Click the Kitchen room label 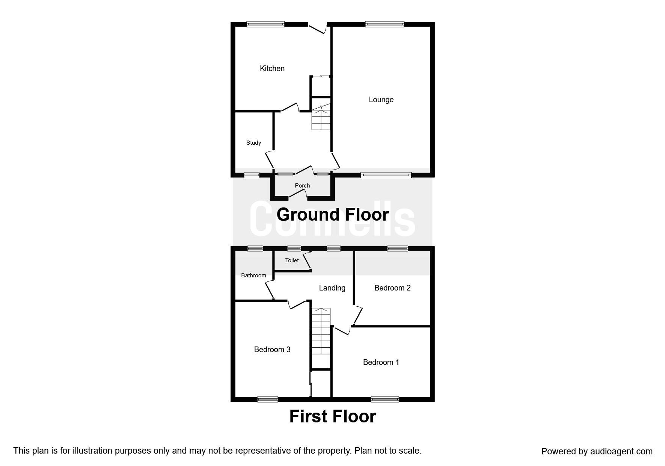pyautogui.click(x=272, y=68)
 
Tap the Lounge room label pyautogui.click(x=381, y=100)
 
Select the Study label pyautogui.click(x=253, y=143)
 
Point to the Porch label pyautogui.click(x=302, y=186)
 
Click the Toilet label pyautogui.click(x=292, y=260)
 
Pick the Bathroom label pyautogui.click(x=253, y=275)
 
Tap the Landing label pyautogui.click(x=332, y=288)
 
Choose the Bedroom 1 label pyautogui.click(x=381, y=362)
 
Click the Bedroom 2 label pyautogui.click(x=392, y=288)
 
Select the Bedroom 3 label pyautogui.click(x=272, y=349)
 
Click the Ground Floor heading pyautogui.click(x=333, y=215)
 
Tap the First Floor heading pyautogui.click(x=333, y=416)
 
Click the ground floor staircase pyautogui.click(x=321, y=116)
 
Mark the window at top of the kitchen pyautogui.click(x=265, y=24)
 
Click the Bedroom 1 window pyautogui.click(x=385, y=399)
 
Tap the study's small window pyautogui.click(x=252, y=175)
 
